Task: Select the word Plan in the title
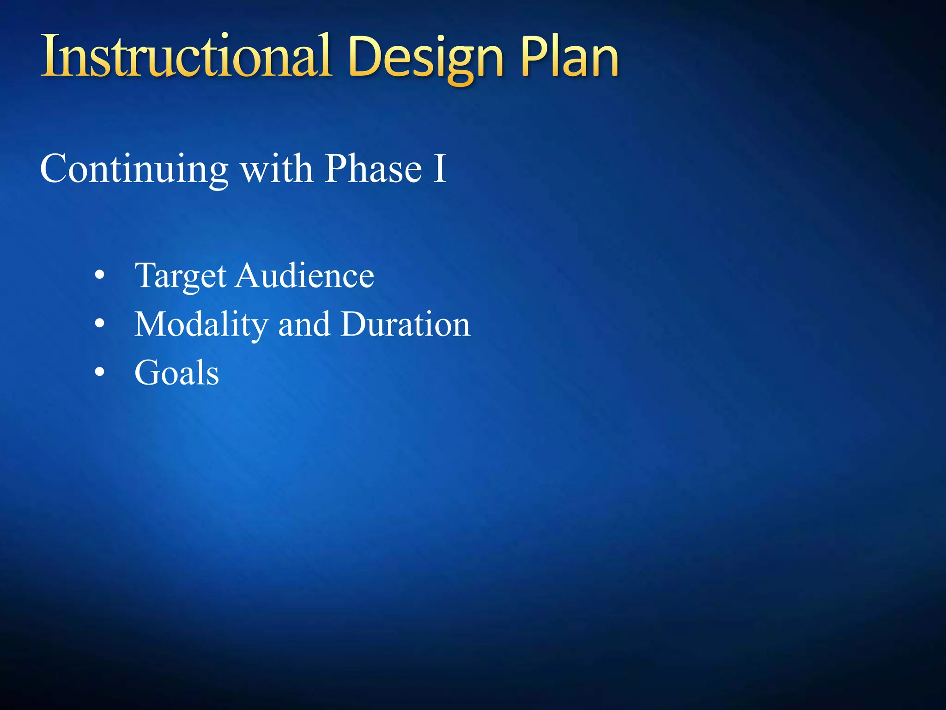(x=570, y=57)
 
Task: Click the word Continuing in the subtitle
(x=134, y=169)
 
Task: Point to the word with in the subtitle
(x=277, y=169)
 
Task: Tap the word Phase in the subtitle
(x=373, y=169)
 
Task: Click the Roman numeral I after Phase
(x=440, y=169)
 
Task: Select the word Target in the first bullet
(x=181, y=276)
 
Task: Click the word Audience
(x=305, y=276)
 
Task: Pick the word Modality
(x=201, y=324)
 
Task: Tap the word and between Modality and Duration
(x=304, y=324)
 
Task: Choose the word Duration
(x=406, y=324)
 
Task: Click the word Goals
(x=176, y=373)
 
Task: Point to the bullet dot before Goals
(x=99, y=372)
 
